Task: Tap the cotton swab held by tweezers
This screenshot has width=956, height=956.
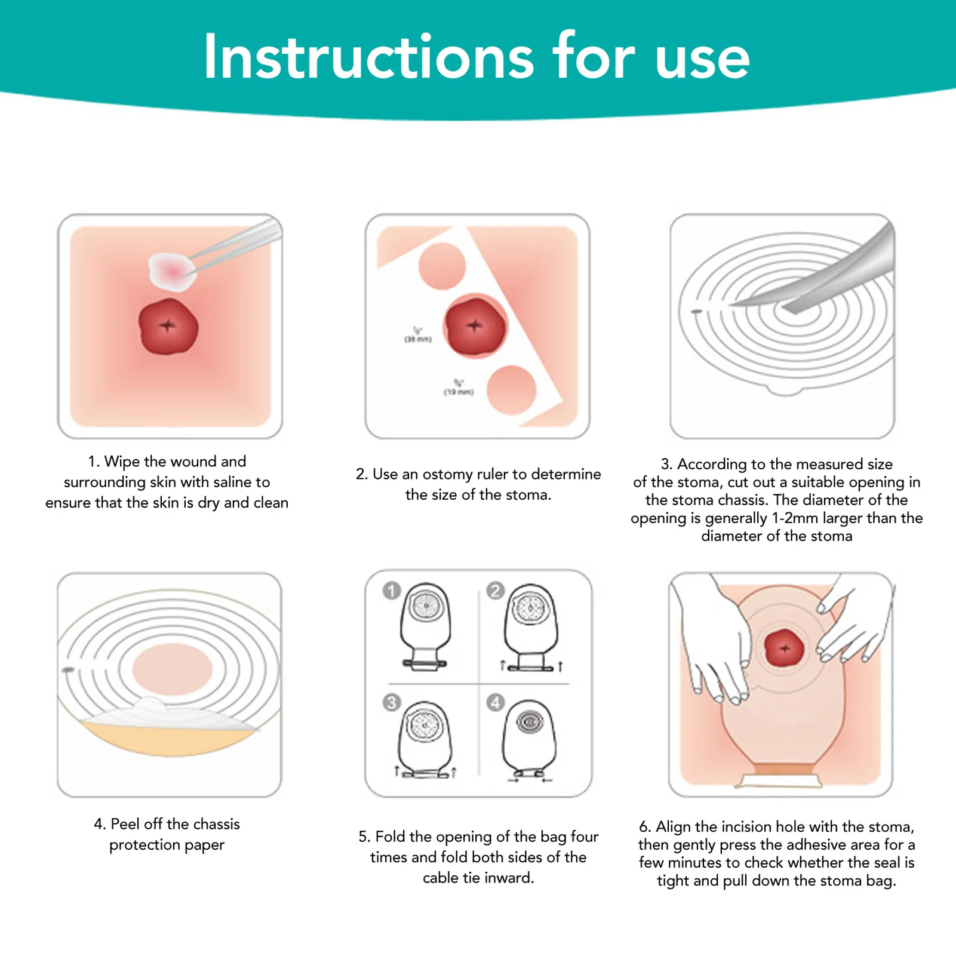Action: tap(171, 270)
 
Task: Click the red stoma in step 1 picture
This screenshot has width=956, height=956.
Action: tap(168, 327)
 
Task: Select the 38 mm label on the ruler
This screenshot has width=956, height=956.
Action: tap(417, 336)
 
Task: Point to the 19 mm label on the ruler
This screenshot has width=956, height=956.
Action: tap(458, 388)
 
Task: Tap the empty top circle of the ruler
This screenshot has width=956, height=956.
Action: tap(442, 266)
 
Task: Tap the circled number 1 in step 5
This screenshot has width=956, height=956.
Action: tap(392, 591)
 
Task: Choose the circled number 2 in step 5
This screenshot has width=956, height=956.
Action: tap(495, 591)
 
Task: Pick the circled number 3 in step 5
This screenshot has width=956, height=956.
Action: tap(392, 702)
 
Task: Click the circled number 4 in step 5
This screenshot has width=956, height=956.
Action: tap(495, 702)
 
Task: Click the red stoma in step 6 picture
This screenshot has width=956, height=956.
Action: tap(784, 648)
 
